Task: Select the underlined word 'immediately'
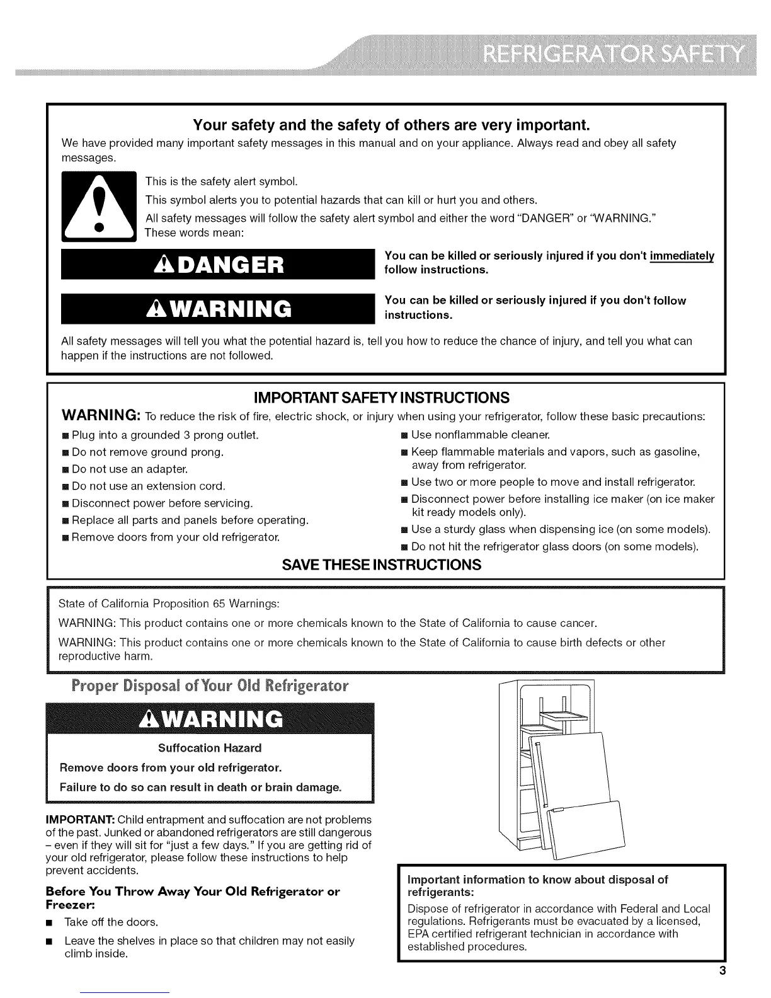tap(683, 256)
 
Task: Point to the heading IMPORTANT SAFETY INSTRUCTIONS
tap(381, 398)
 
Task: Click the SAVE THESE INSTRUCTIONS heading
tap(382, 565)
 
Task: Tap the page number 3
tap(723, 970)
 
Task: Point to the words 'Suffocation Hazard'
tap(210, 748)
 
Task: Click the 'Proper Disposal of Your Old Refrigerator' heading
tap(210, 685)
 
